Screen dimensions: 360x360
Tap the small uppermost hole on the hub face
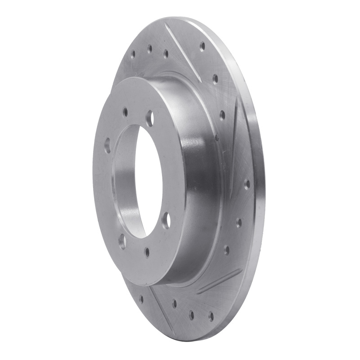point(126,111)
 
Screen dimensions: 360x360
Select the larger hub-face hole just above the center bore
point(150,118)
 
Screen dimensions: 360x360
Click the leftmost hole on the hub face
point(107,145)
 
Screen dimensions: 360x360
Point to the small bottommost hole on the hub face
point(147,252)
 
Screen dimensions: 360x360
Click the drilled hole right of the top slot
point(202,45)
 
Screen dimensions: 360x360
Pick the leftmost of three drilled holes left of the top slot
point(133,55)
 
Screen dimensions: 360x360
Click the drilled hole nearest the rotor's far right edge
point(247,184)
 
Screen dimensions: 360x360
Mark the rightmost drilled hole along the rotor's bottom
point(210,316)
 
